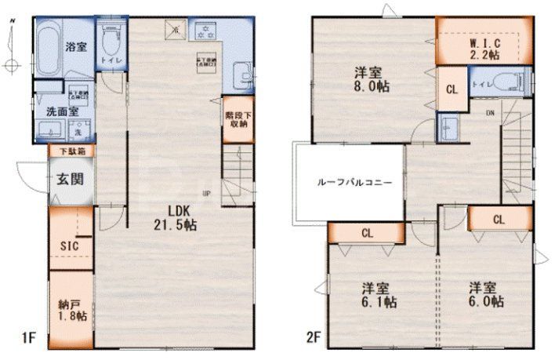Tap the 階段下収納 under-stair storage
pos(238,118)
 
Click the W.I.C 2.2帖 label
pos(484,47)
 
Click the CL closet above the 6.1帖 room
pos(366,232)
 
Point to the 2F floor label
pos(312,340)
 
